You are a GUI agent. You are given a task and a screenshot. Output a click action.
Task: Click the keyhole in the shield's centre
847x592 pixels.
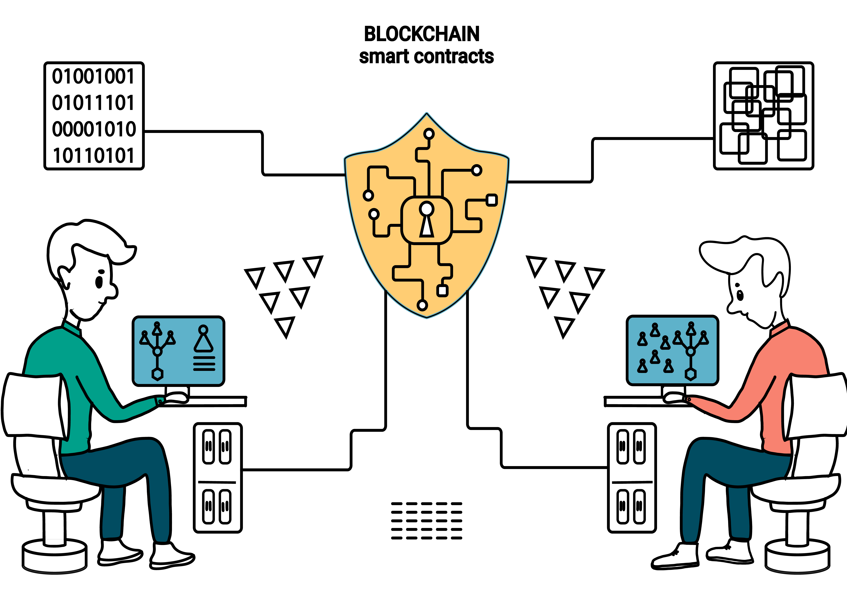pos(427,219)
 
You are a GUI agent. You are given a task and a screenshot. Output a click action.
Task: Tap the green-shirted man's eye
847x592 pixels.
pos(99,282)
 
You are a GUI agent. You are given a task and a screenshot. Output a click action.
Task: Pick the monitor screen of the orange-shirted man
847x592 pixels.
pos(672,350)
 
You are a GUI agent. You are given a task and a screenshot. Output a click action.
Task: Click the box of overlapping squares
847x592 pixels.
pos(763,116)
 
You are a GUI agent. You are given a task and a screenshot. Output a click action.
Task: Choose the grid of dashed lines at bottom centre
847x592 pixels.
pos(426,520)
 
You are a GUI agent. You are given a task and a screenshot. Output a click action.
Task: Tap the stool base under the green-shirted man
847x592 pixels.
pos(55,557)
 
